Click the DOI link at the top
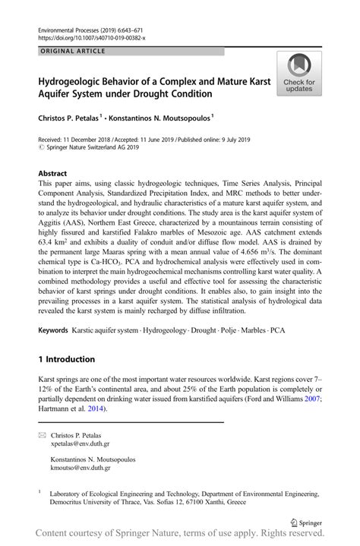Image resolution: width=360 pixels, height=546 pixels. coord(91,36)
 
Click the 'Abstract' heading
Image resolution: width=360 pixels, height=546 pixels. coord(52,172)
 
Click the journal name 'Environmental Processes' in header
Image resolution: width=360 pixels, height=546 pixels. coord(72,27)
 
